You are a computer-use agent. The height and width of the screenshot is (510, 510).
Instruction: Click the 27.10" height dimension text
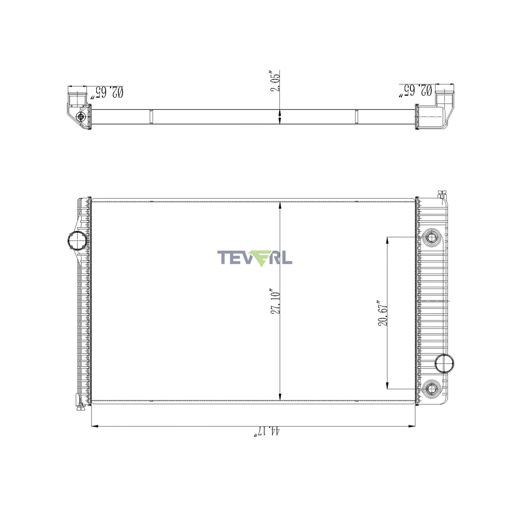(x=275, y=303)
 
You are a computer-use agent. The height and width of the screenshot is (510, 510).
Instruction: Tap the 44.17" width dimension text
(x=267, y=432)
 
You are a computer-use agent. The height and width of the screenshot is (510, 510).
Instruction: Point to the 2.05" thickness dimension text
(x=275, y=81)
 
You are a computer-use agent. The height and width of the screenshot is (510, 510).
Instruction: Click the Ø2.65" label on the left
(x=107, y=92)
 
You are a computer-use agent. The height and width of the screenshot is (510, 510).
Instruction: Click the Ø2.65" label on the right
(x=415, y=91)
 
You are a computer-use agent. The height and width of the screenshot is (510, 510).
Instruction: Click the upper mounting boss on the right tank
(x=431, y=237)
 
